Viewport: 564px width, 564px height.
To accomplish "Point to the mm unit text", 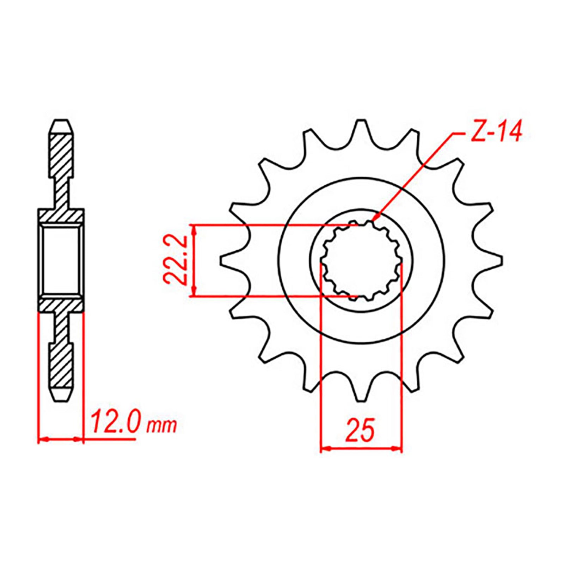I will pos(161,426).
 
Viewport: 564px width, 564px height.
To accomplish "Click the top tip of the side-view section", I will pos(61,123).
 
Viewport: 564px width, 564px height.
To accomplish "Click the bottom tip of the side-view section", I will pos(61,398).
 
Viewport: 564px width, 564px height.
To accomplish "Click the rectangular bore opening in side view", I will pos(61,260).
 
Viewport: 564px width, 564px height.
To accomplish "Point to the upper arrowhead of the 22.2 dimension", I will pos(194,229).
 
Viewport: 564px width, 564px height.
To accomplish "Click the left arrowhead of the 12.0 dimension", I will pos(42,439).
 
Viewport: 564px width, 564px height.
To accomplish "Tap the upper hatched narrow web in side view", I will pos(61,192).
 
